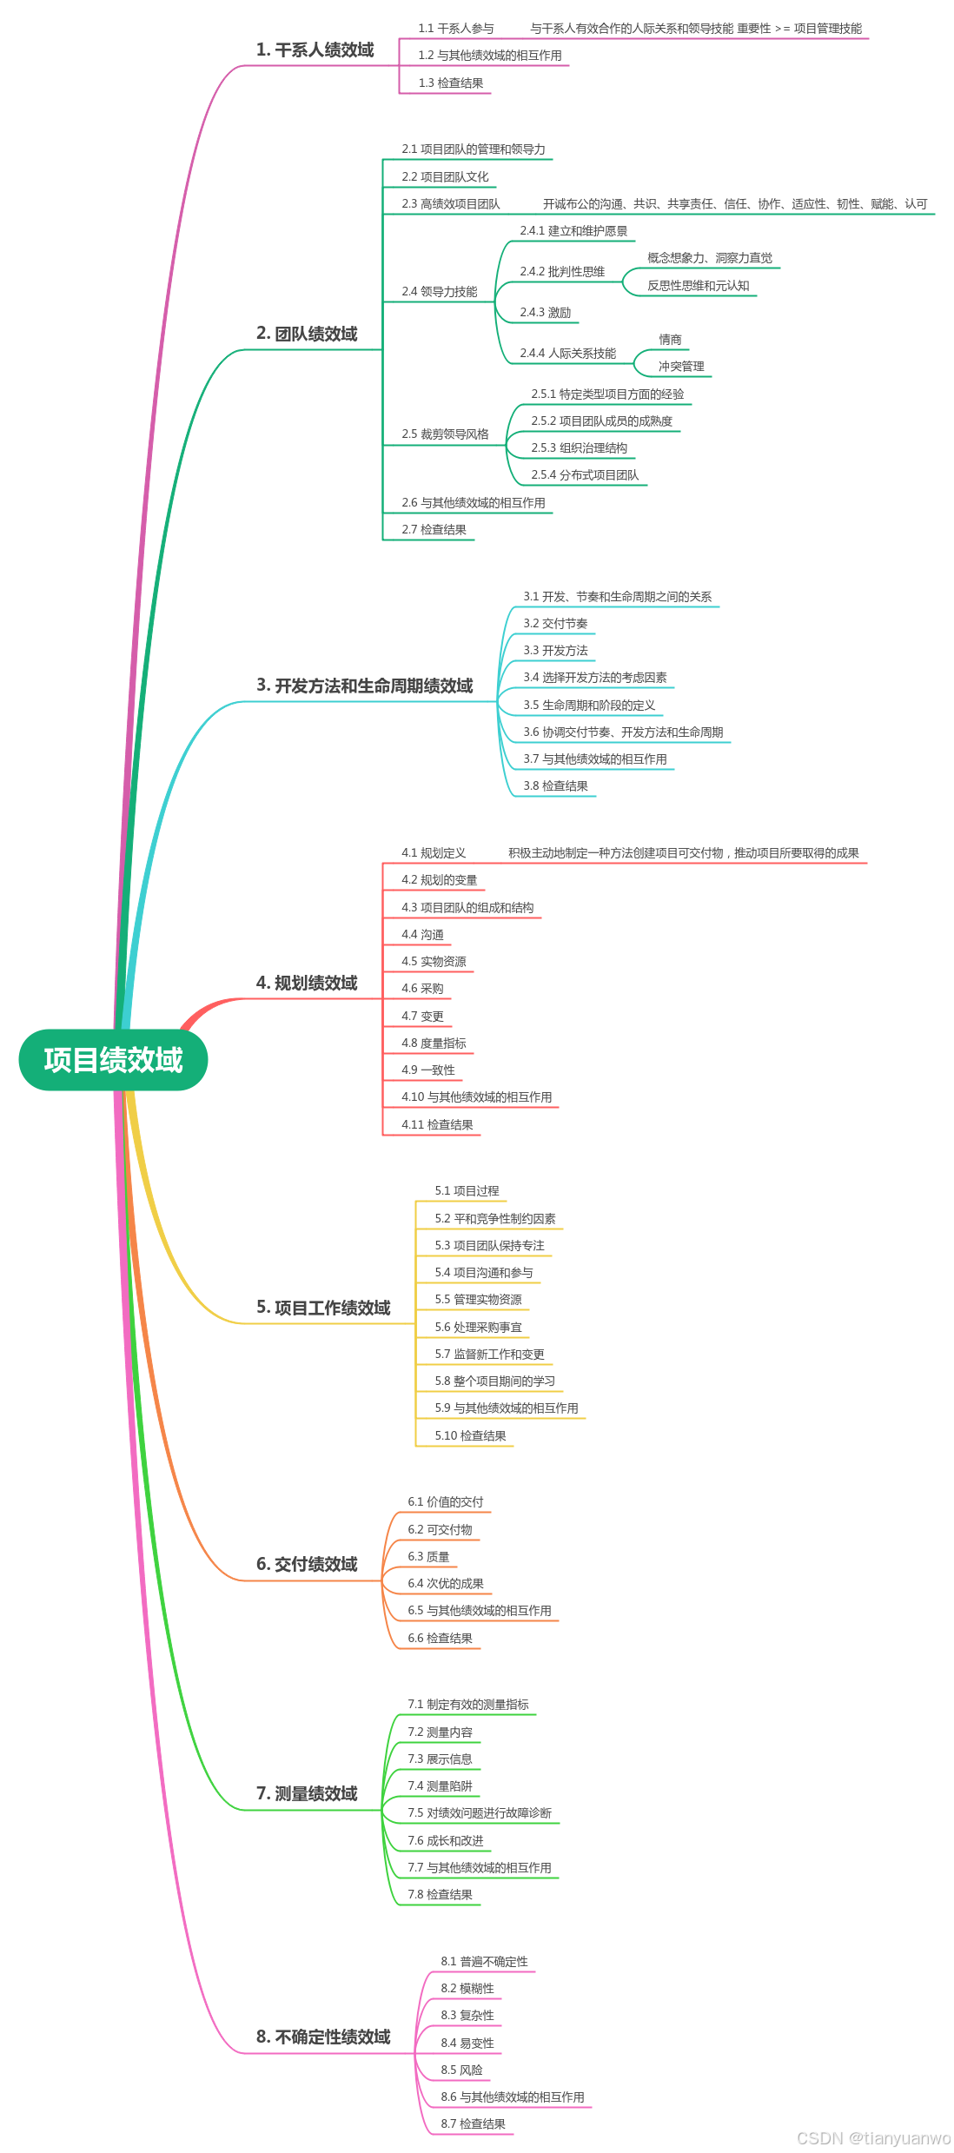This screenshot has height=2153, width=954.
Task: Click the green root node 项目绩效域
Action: click(113, 1060)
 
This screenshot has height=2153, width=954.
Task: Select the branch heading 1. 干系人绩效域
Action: click(315, 50)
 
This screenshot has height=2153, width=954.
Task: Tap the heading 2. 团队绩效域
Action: click(307, 334)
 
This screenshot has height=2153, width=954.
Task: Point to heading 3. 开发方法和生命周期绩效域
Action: click(364, 686)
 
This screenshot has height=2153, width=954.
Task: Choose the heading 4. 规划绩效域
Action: click(307, 983)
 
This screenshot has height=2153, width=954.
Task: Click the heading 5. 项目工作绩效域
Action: click(323, 1308)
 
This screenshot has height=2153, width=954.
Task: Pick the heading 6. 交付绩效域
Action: click(307, 1564)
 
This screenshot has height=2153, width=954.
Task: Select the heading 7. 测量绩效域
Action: click(307, 1793)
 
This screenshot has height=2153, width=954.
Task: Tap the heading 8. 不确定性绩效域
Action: click(323, 2037)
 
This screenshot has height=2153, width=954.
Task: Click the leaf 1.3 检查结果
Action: click(450, 83)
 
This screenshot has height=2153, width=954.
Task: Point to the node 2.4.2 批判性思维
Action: click(562, 272)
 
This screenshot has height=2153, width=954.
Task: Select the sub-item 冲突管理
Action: click(681, 367)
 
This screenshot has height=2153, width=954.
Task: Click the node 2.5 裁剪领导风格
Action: click(445, 434)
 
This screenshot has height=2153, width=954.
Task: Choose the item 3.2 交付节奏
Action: click(555, 624)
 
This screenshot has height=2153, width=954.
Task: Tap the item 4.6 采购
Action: click(422, 989)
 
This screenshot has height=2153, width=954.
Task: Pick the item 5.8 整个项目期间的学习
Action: click(494, 1381)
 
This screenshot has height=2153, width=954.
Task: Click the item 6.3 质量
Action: click(428, 1557)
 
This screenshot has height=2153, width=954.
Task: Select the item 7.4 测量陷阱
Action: click(440, 1786)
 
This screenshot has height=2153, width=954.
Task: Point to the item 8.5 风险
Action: click(461, 2070)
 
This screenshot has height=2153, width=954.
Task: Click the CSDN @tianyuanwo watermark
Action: click(873, 2138)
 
